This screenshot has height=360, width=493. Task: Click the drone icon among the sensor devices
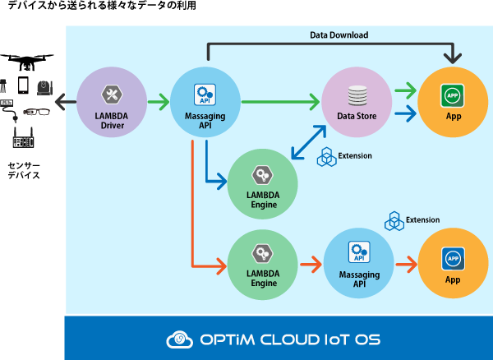pyautogui.click(x=27, y=62)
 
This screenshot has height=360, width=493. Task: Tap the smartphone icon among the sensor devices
pyautogui.click(x=23, y=85)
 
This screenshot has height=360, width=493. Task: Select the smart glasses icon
pyautogui.click(x=36, y=111)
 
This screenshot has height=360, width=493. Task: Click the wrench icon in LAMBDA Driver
pyautogui.click(x=112, y=95)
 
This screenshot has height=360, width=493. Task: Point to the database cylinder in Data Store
pyautogui.click(x=357, y=95)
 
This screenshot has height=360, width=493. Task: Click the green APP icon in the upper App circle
pyautogui.click(x=453, y=95)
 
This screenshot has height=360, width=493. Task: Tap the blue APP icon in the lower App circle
pyautogui.click(x=453, y=259)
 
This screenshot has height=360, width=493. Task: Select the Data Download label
pyautogui.click(x=339, y=35)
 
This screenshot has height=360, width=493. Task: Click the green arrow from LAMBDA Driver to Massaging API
pyautogui.click(x=159, y=102)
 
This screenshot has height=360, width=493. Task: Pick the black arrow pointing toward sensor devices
pyautogui.click(x=66, y=102)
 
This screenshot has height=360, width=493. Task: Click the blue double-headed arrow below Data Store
pyautogui.click(x=308, y=142)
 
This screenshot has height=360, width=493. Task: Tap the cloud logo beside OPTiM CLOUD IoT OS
pyautogui.click(x=179, y=339)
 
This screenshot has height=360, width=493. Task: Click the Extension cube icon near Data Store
pyautogui.click(x=327, y=157)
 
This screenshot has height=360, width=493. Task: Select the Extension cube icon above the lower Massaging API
pyautogui.click(x=394, y=221)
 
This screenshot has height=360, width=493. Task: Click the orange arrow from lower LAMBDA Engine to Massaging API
pyautogui.click(x=311, y=265)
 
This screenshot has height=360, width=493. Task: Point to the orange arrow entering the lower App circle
pyautogui.click(x=407, y=265)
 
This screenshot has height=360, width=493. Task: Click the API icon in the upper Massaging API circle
pyautogui.click(x=205, y=95)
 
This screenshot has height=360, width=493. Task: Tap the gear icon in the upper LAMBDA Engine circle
pyautogui.click(x=262, y=175)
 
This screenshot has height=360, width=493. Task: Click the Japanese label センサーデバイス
pyautogui.click(x=24, y=170)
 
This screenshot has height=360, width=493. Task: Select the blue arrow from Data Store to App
pyautogui.click(x=406, y=113)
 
